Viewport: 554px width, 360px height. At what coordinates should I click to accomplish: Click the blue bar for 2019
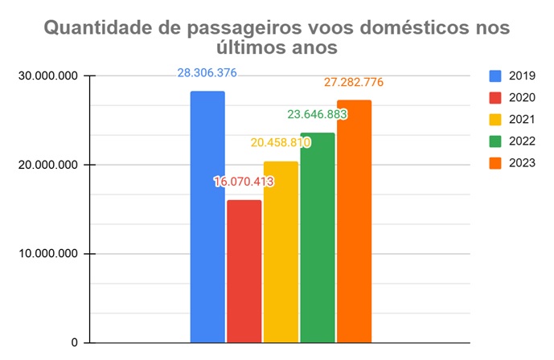click(x=207, y=217)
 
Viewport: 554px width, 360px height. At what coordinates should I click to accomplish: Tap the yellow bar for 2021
click(x=281, y=252)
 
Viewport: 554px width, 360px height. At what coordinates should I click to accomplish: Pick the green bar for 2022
click(x=318, y=238)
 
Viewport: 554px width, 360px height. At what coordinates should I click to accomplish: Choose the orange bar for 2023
click(x=354, y=222)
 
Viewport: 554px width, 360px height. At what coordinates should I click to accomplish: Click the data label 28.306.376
click(x=207, y=73)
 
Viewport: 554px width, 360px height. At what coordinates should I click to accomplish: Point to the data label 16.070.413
click(x=244, y=182)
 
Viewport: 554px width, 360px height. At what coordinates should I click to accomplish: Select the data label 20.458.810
click(x=281, y=143)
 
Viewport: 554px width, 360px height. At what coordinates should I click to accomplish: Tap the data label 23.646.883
click(x=318, y=114)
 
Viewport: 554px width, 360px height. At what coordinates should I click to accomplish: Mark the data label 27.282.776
click(x=355, y=82)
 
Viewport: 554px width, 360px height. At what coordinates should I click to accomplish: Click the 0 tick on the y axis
click(x=73, y=343)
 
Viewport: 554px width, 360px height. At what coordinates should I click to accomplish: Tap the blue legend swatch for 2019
click(x=495, y=76)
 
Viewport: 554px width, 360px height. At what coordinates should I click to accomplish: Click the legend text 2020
click(x=523, y=97)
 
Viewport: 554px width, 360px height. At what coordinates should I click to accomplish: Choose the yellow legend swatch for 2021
click(x=495, y=120)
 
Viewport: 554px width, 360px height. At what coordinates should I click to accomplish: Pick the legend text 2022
click(x=523, y=141)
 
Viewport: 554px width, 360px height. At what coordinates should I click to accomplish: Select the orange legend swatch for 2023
click(x=495, y=163)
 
